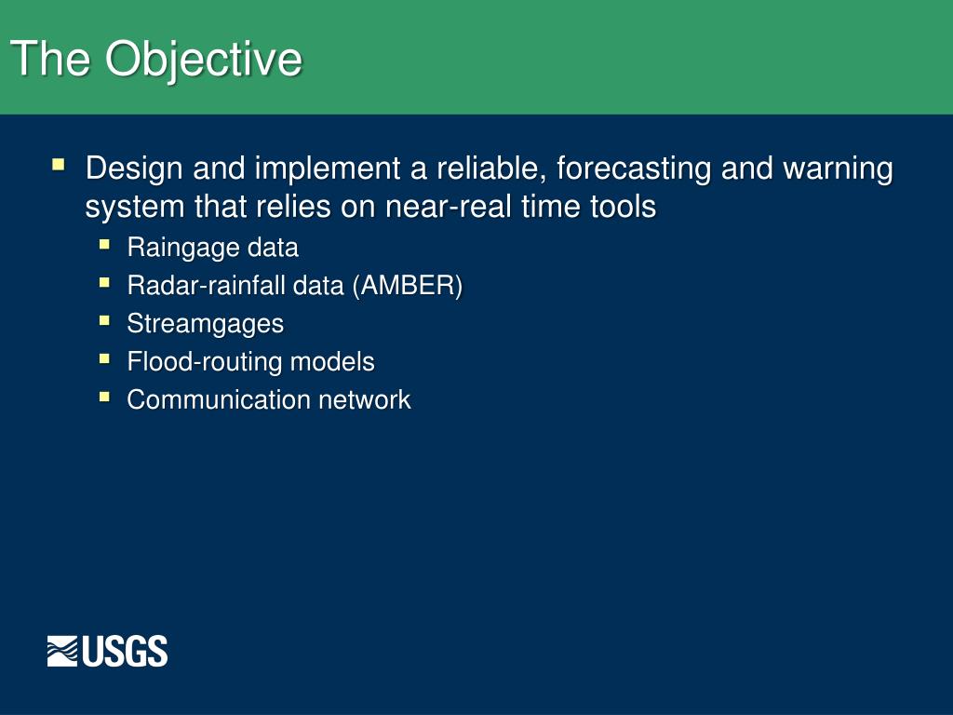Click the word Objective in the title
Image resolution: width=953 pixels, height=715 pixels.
pos(204,61)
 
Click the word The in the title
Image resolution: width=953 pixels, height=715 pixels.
pos(50,59)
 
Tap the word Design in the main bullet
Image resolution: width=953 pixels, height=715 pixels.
pos(134,169)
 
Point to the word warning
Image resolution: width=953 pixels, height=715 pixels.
pos(838,169)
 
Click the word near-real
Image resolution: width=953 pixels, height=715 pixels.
pos(448,207)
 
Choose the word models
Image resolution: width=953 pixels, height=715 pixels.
pos(332,362)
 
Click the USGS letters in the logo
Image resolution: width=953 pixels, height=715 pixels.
pos(125,651)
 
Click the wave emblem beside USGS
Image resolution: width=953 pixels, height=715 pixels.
pos(62,651)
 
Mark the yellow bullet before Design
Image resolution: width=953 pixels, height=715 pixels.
pos(59,164)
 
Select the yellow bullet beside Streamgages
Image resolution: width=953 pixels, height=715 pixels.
pos(104,320)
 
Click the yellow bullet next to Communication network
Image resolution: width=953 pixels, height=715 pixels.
pos(104,397)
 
